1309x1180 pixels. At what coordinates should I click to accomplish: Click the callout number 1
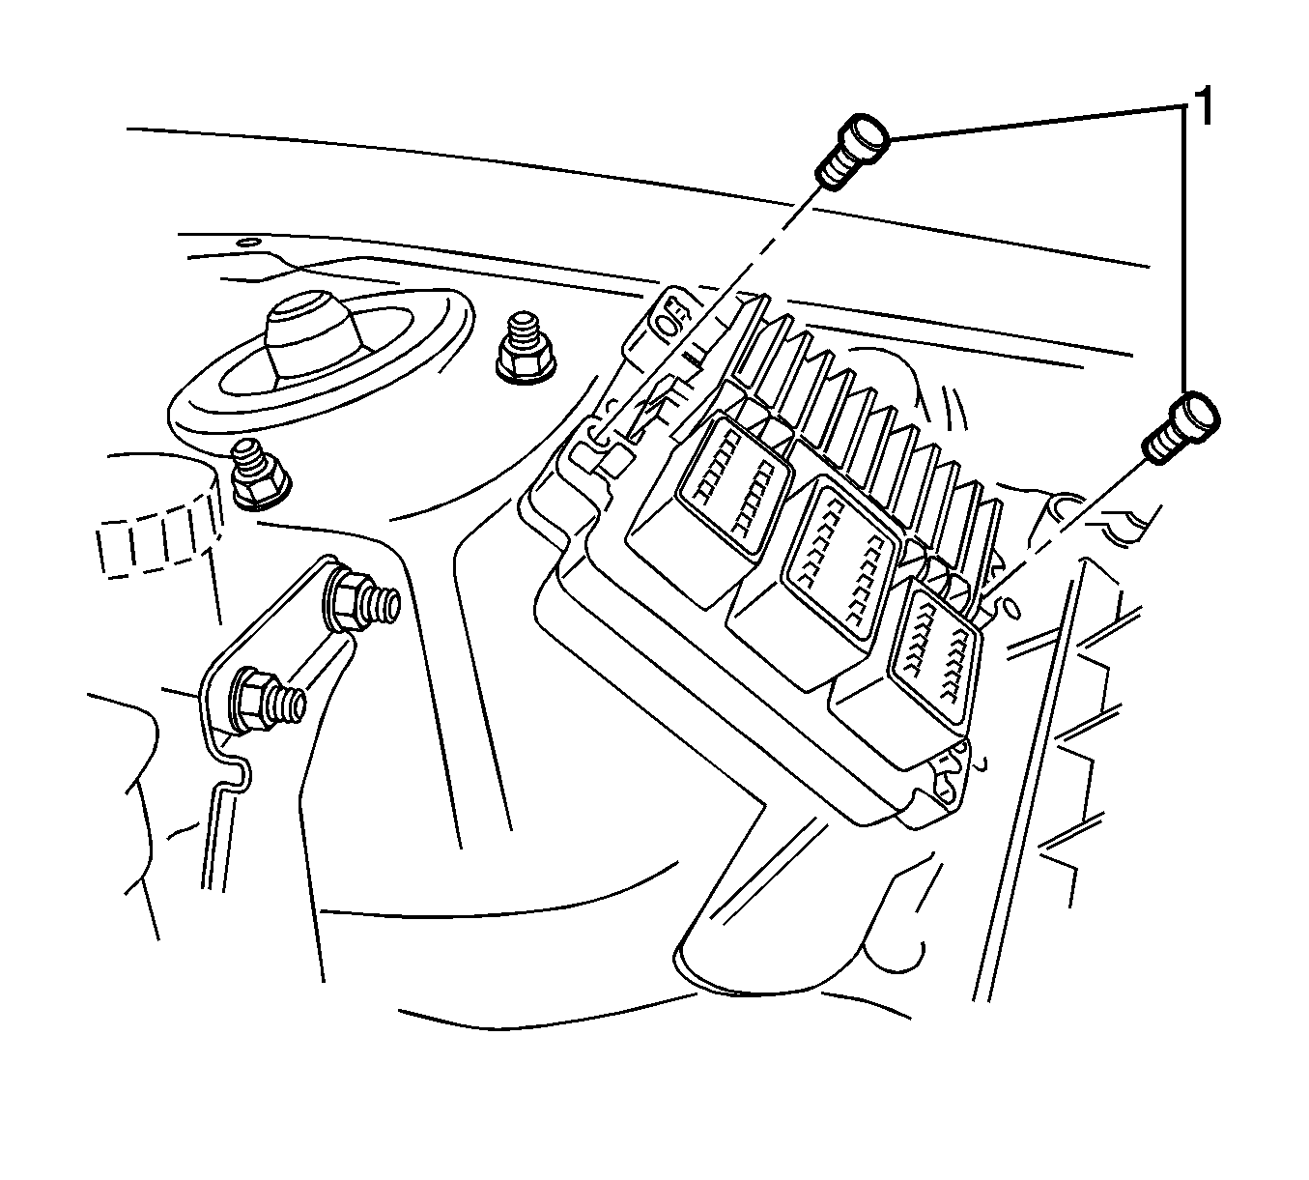[1203, 104]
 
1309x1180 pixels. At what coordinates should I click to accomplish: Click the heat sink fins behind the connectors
[869, 406]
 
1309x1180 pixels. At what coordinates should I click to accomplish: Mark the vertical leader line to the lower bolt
[1183, 251]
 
